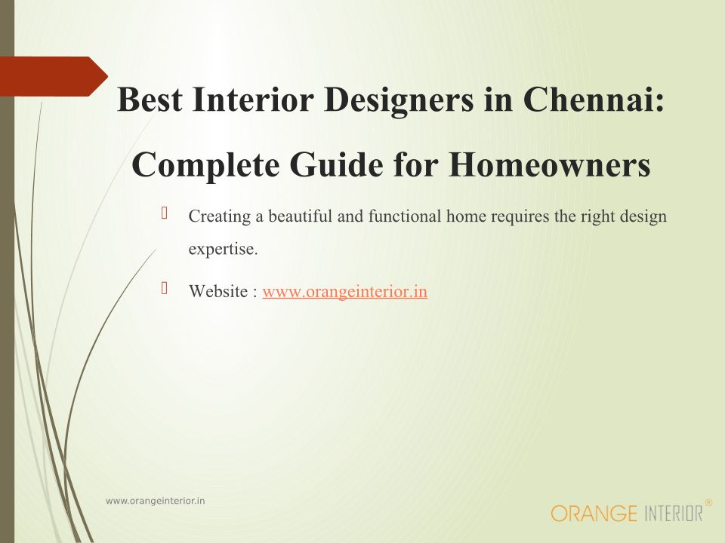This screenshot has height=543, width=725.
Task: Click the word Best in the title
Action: click(150, 99)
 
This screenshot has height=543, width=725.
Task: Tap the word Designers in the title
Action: click(399, 100)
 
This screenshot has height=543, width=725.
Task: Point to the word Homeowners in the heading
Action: click(550, 164)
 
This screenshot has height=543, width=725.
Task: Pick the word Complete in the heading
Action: click(205, 166)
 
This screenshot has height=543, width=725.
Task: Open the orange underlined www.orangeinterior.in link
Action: click(345, 291)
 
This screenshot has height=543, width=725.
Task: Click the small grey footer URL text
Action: click(156, 501)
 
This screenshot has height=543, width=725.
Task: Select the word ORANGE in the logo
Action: click(594, 514)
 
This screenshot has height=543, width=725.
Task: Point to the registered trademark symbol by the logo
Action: click(708, 502)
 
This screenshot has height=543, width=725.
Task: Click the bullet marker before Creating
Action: click(164, 213)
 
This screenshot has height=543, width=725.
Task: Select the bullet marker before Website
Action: click(164, 288)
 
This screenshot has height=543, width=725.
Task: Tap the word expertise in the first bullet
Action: click(223, 250)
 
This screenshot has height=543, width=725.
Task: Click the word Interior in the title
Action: click(253, 99)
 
